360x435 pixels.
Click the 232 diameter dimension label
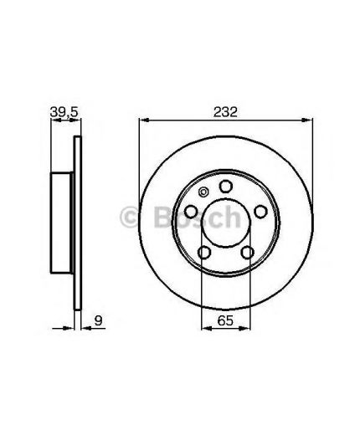[x=225, y=112]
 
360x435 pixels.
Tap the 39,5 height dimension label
[x=64, y=112]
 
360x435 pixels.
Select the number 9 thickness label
[x=99, y=320]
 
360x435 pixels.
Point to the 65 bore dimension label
[x=225, y=320]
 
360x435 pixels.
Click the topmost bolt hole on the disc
[x=226, y=187]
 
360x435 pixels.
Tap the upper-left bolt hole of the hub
[x=191, y=212]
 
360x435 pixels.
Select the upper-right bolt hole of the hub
[x=260, y=212]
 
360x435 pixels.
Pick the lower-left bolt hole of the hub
[x=204, y=253]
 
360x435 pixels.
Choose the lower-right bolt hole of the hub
[x=247, y=253]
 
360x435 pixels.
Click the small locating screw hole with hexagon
[x=203, y=192]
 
